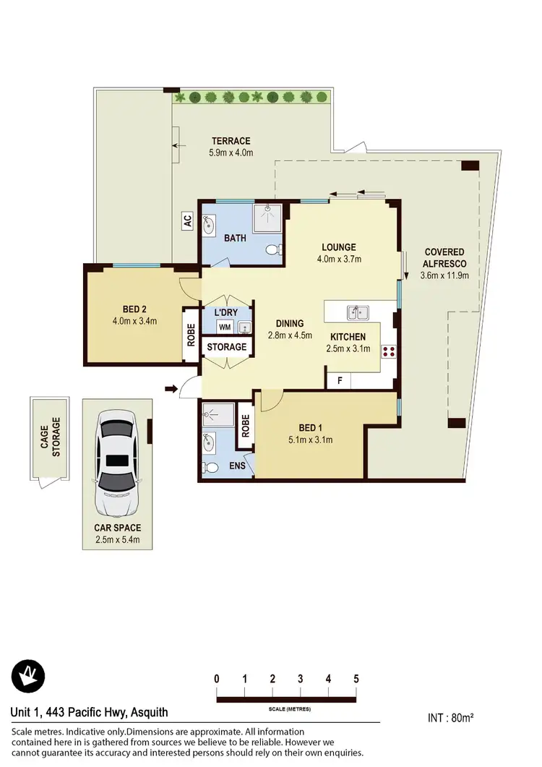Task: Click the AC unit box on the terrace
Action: [187, 222]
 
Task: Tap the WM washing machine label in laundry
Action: [225, 327]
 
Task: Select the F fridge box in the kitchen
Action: [337, 380]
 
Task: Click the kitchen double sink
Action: [358, 313]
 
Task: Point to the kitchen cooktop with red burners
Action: [388, 352]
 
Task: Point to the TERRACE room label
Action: [231, 141]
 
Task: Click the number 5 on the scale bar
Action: [356, 679]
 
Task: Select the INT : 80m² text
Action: [450, 718]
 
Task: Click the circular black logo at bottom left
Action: [28, 677]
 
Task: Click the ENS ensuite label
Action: [238, 466]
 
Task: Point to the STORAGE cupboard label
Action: [227, 348]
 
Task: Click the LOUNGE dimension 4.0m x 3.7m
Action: [339, 259]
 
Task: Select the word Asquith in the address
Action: [148, 713]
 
